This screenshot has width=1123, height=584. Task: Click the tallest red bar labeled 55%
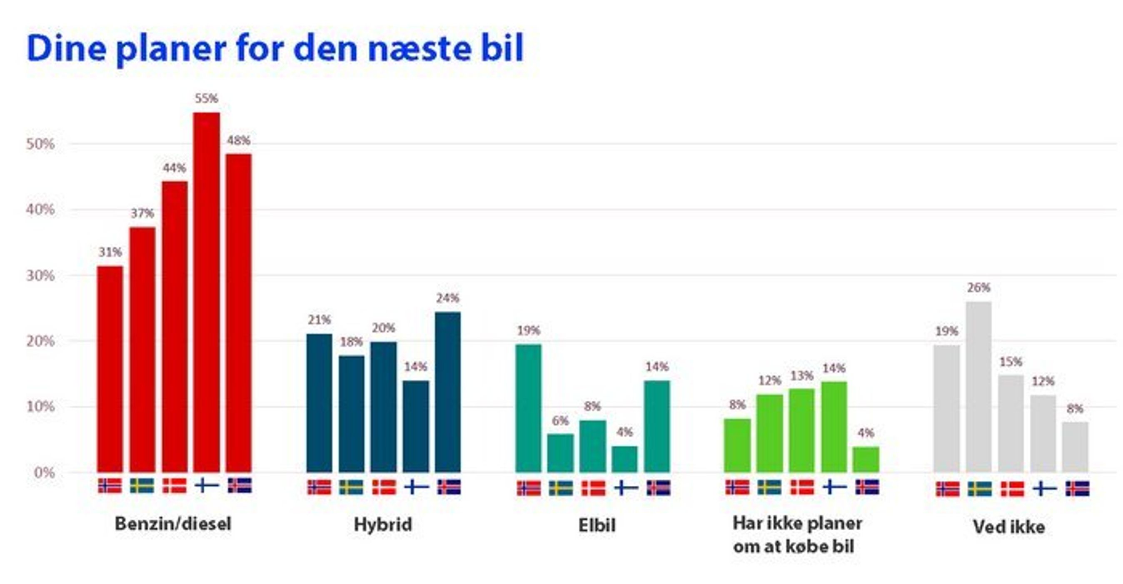click(x=207, y=292)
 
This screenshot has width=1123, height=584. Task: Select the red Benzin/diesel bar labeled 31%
click(x=110, y=369)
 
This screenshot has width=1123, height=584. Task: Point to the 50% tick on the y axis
click(x=40, y=144)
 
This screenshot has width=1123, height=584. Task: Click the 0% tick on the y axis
click(x=44, y=473)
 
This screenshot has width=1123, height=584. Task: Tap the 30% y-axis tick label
click(x=40, y=276)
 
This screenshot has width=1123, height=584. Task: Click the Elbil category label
click(x=597, y=525)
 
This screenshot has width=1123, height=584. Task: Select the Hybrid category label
click(x=383, y=524)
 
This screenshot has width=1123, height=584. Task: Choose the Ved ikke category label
click(x=1009, y=527)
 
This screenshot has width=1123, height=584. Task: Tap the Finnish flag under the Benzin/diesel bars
click(x=207, y=485)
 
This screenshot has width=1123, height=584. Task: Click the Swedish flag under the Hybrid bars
click(x=352, y=487)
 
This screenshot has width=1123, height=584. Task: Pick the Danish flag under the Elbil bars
click(x=593, y=488)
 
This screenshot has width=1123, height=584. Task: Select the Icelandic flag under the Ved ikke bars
click(x=1078, y=489)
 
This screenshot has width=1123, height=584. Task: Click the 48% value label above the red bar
click(x=238, y=141)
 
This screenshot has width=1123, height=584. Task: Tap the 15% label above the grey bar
click(x=1011, y=362)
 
